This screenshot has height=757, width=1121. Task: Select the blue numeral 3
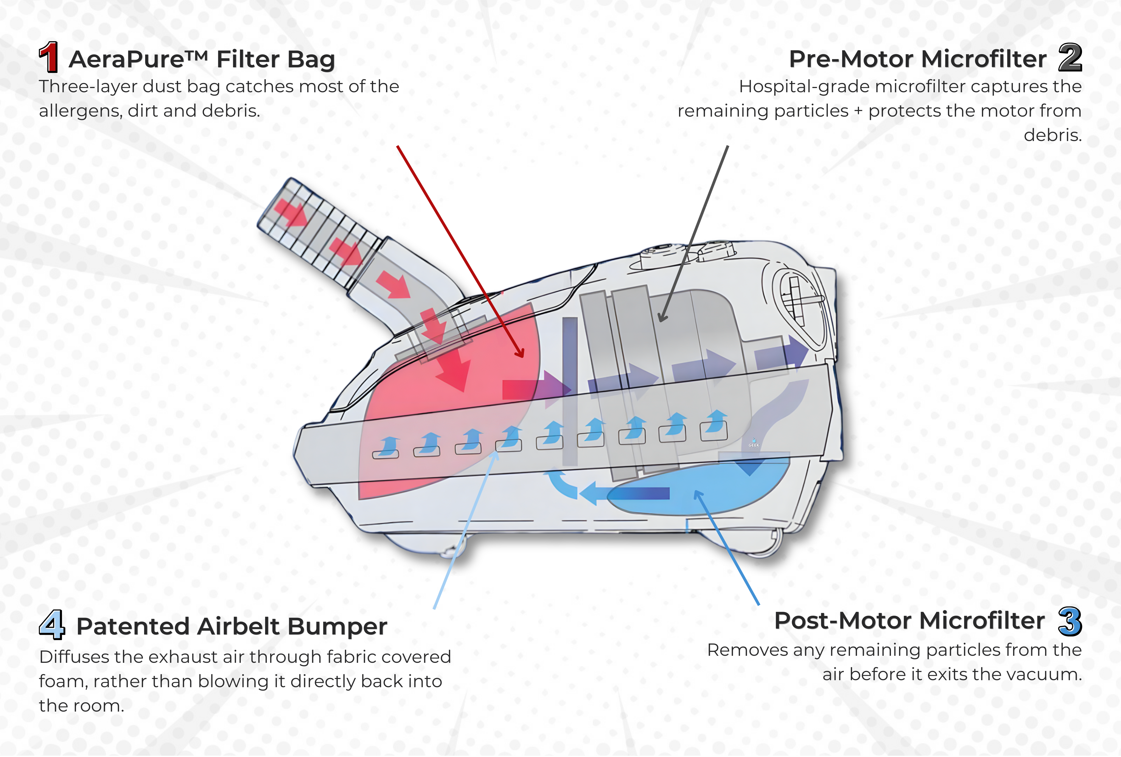coord(1070,621)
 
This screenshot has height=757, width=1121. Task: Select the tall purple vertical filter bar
coord(570,391)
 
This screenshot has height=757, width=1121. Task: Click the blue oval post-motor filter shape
coord(700,487)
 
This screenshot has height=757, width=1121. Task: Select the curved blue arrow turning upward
coord(561,485)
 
